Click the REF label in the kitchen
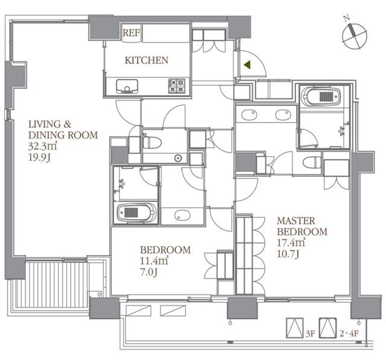[131, 33]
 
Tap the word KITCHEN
[147, 60]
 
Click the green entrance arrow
[247, 65]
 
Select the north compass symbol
[354, 34]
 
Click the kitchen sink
[127, 86]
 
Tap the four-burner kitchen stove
[177, 86]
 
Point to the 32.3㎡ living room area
[42, 146]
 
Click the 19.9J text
[39, 157]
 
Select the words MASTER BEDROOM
[302, 226]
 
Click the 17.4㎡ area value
[291, 243]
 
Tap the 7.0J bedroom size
[149, 272]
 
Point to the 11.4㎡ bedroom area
[154, 261]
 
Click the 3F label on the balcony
[311, 333]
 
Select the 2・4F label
[349, 333]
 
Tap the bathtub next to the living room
[137, 213]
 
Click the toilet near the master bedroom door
[312, 163]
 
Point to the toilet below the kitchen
[152, 143]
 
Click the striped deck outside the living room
[52, 285]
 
